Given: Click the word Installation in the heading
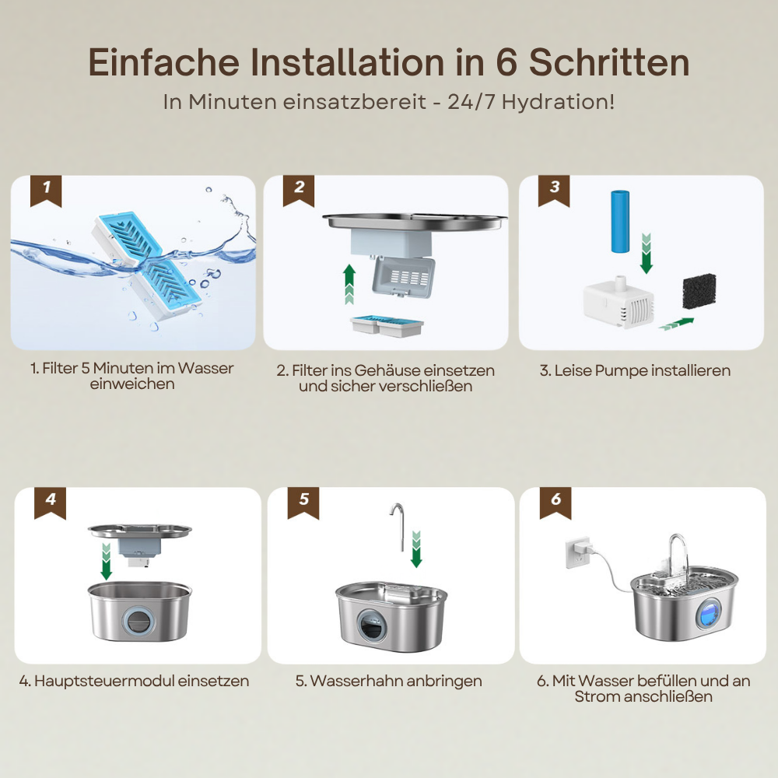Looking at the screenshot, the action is (347, 62).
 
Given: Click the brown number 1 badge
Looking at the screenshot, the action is (46, 191).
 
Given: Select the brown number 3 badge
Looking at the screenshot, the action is (554, 191).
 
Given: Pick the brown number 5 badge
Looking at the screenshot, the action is (303, 503).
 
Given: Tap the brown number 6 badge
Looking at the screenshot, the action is (555, 503).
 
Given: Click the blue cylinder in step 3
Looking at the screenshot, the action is (620, 221).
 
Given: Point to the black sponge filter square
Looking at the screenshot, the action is (699, 291).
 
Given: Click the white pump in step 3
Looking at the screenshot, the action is (619, 302).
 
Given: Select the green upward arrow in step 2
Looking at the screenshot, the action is (349, 284).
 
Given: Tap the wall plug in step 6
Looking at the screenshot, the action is (579, 552).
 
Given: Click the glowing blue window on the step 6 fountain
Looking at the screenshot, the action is (709, 612).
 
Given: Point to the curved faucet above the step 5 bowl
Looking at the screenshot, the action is (398, 527).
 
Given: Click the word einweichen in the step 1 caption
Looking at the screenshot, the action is (132, 384).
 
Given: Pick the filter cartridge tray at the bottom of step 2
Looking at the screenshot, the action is (387, 326).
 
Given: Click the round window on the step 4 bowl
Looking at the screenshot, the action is (136, 620).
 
